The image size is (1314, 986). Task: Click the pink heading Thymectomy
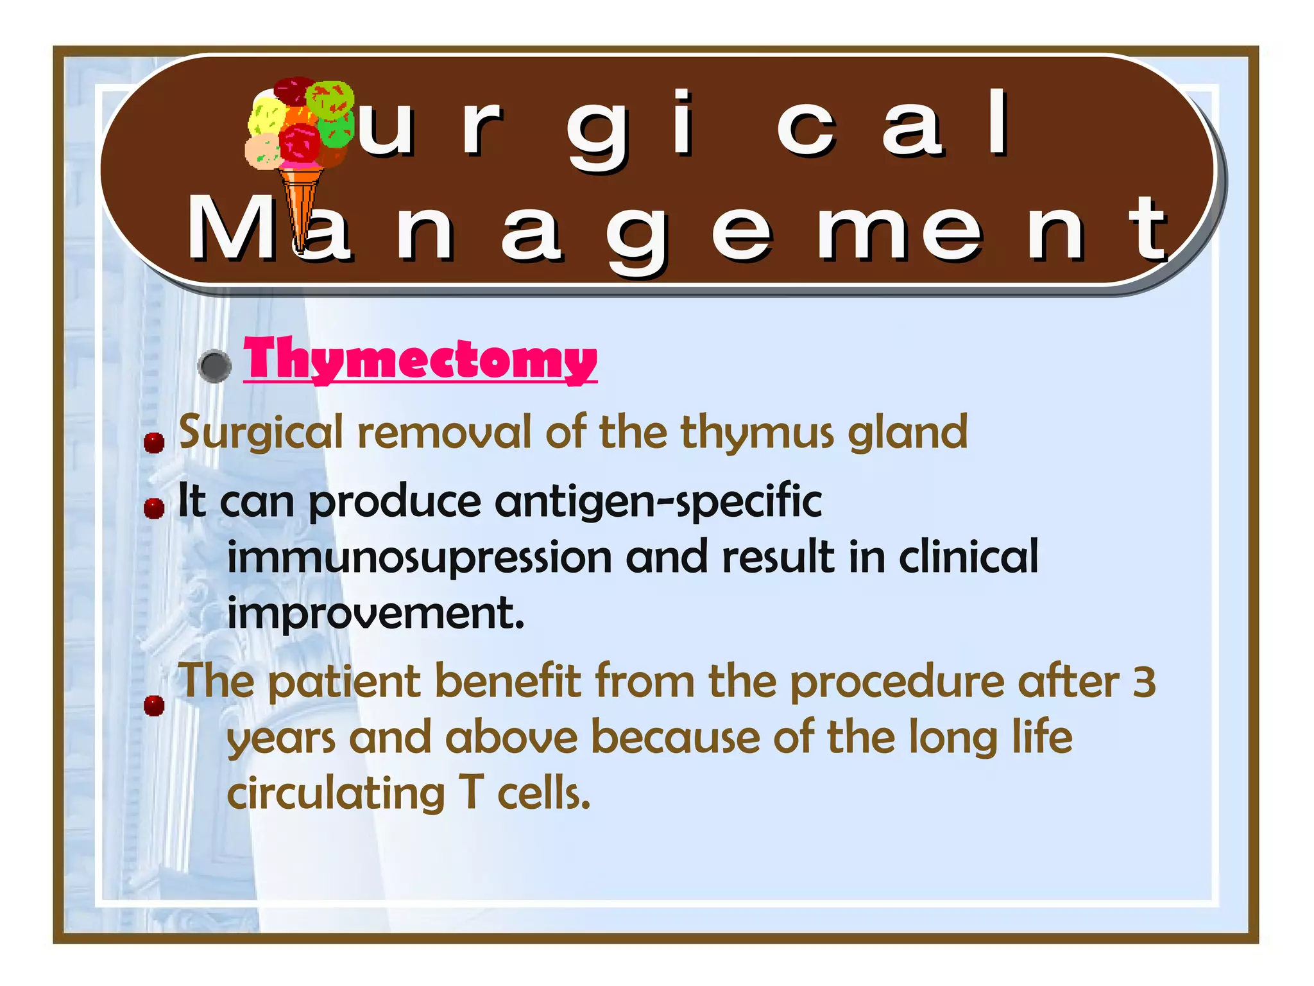(x=420, y=359)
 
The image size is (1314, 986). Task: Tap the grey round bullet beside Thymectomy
(x=215, y=367)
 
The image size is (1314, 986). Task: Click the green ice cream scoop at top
(x=330, y=99)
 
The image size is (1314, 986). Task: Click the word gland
(x=907, y=433)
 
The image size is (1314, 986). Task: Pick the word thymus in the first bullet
(x=757, y=433)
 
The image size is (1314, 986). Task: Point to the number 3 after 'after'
(x=1144, y=682)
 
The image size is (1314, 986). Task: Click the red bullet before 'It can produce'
(x=154, y=508)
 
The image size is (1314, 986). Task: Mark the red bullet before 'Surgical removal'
(x=154, y=442)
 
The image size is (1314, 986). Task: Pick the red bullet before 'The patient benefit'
(x=154, y=705)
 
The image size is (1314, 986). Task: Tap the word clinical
(x=968, y=557)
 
